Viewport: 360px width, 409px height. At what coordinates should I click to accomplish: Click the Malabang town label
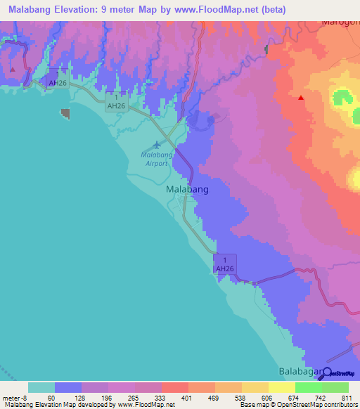(x=187, y=190)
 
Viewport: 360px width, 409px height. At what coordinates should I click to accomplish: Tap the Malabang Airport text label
(x=155, y=159)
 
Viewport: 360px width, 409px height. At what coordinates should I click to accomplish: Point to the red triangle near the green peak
(x=301, y=98)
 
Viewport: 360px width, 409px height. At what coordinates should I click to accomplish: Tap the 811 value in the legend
(x=347, y=398)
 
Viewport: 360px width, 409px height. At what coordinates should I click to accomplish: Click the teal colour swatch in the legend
(x=41, y=387)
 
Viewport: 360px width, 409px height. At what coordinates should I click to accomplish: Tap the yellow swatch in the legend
(x=282, y=387)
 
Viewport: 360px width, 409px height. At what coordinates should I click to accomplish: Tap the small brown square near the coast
(x=65, y=113)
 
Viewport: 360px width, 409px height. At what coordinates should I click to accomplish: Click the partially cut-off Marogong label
(x=340, y=22)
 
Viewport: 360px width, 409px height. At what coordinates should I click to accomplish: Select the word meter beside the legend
(x=12, y=398)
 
